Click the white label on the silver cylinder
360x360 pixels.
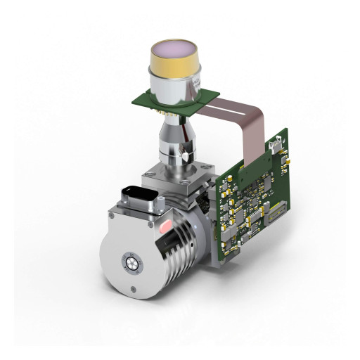point(199,87)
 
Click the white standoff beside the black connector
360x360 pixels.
point(162,204)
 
